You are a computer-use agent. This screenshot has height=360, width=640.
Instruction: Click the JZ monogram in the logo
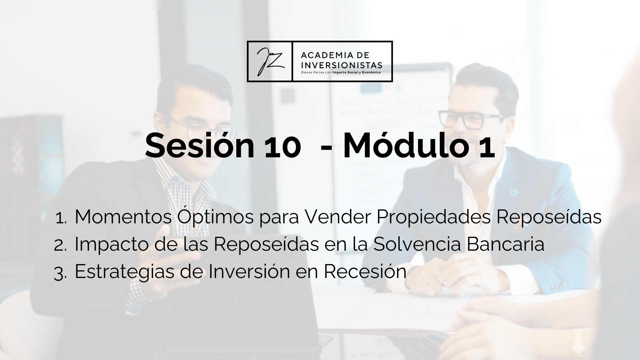tap(270, 61)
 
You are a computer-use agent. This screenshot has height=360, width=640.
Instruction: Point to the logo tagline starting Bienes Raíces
tap(341, 72)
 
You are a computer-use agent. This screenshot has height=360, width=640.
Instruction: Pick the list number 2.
tap(60, 245)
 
